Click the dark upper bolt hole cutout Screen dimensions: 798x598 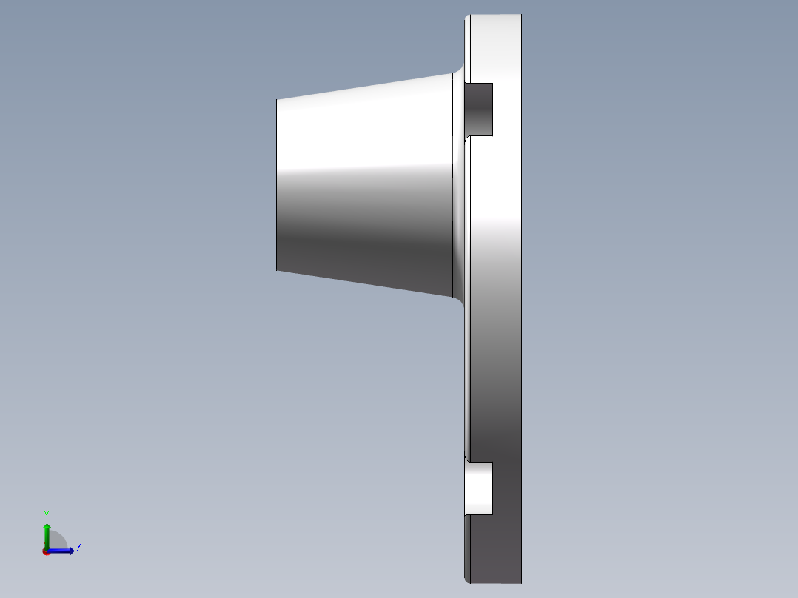coord(479,110)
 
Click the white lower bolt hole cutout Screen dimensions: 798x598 coord(479,488)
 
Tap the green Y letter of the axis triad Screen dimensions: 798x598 coord(47,514)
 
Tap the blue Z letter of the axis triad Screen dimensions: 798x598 coord(79,547)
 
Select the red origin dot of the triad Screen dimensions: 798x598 coord(47,551)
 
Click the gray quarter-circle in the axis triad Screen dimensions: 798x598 coord(58,540)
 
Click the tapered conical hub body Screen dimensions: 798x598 coord(364,185)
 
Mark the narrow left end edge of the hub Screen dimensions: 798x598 coord(276,185)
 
